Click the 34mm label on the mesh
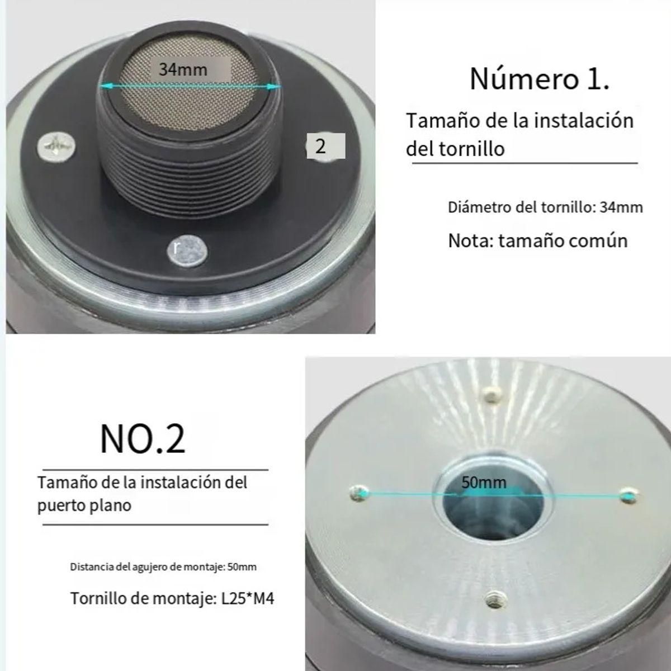tap(183, 70)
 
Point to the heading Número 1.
tap(539, 78)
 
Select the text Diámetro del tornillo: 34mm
tap(545, 207)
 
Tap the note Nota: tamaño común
tap(538, 240)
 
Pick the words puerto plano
tap(84, 505)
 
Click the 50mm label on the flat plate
tap(484, 482)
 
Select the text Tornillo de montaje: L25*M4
tap(172, 599)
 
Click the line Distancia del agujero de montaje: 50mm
tap(163, 566)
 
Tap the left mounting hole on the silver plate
tap(358, 493)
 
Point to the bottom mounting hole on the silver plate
tap(494, 598)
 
